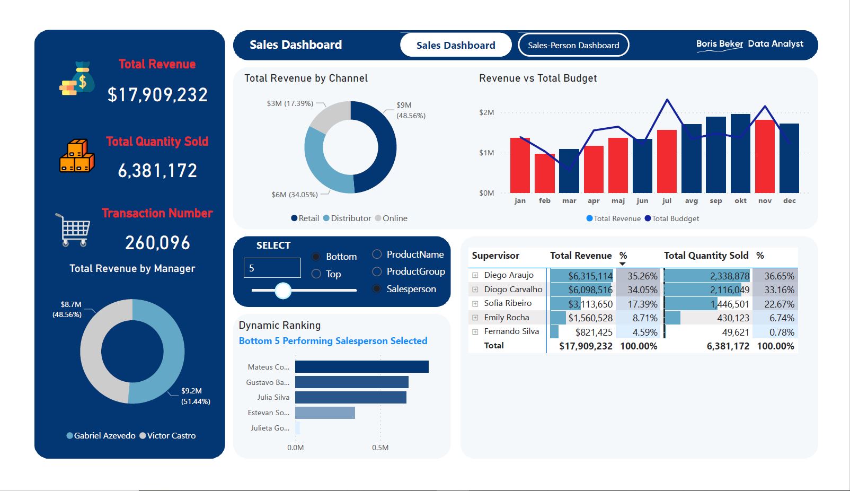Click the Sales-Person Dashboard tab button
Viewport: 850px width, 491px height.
click(x=573, y=45)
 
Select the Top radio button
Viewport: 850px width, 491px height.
click(x=316, y=274)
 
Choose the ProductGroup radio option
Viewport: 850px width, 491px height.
click(x=377, y=271)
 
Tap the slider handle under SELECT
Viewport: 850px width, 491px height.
click(x=284, y=290)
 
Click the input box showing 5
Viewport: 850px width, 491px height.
click(x=272, y=268)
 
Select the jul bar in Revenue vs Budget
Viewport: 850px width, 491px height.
click(x=667, y=161)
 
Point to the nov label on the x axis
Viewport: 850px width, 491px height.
click(x=765, y=201)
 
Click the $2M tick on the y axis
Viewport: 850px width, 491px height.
click(x=486, y=112)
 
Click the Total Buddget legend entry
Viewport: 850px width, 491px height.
click(x=671, y=218)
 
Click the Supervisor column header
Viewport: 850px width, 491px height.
click(x=495, y=256)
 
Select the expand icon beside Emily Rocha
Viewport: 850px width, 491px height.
click(x=475, y=318)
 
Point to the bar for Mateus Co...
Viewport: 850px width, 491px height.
click(x=361, y=367)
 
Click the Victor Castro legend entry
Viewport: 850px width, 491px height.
click(x=167, y=436)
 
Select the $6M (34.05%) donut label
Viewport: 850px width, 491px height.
click(x=295, y=195)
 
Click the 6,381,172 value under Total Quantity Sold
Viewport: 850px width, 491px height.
click(x=157, y=171)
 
